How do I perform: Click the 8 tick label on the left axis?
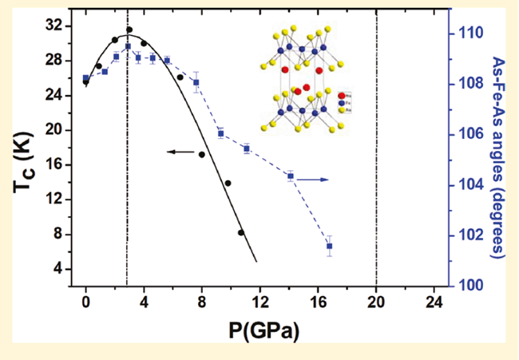point(58,234)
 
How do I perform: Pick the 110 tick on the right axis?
point(468,34)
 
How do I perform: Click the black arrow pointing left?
point(180,150)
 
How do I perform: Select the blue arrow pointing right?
point(315,180)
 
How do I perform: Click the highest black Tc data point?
point(129,30)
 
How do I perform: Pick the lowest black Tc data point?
point(241,232)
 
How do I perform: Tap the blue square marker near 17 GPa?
point(329,246)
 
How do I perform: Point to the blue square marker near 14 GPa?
point(290,176)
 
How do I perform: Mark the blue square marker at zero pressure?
point(85,78)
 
